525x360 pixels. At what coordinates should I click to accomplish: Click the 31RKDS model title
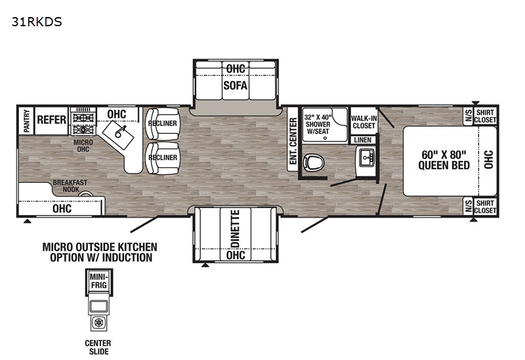click(37, 22)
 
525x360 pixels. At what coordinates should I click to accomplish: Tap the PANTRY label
click(26, 121)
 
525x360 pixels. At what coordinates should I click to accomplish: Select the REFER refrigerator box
click(52, 120)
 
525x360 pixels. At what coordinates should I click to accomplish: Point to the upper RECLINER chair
click(162, 123)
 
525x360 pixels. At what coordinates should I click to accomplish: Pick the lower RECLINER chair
click(162, 157)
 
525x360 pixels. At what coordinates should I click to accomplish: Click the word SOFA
click(236, 86)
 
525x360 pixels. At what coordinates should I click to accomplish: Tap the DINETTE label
click(236, 229)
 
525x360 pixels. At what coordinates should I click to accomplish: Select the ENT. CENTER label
click(293, 141)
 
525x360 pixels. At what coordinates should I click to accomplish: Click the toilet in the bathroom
click(314, 163)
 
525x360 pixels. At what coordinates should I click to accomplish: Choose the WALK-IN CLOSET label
click(364, 122)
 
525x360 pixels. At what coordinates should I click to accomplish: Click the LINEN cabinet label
click(363, 140)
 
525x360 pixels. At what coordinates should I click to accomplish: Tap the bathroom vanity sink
click(367, 157)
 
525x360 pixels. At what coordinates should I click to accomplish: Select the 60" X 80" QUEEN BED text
click(444, 160)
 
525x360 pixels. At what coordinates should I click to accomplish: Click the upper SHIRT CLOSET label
click(485, 116)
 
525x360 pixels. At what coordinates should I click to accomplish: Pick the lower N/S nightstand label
click(469, 206)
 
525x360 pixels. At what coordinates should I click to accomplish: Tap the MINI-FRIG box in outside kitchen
click(98, 281)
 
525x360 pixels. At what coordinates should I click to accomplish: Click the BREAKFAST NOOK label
click(70, 186)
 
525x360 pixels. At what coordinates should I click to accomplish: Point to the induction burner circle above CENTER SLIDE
click(98, 323)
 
